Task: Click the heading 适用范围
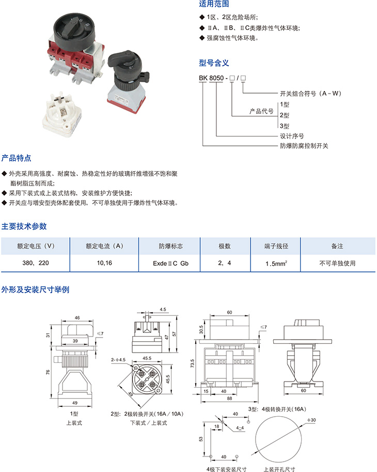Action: tap(214, 4)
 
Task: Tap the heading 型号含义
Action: tap(214, 63)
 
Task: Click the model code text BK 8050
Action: tap(211, 78)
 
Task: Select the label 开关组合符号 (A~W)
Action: tap(310, 94)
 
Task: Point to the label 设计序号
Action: tap(292, 136)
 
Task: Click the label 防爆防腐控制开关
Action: tap(304, 146)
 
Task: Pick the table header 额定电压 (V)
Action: tap(36, 246)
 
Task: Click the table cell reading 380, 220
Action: tap(36, 263)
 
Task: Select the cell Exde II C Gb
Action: tap(170, 263)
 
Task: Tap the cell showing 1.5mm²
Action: tap(276, 263)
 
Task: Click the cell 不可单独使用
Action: tap(337, 263)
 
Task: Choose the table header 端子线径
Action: tap(276, 246)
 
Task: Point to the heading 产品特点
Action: tap(16, 158)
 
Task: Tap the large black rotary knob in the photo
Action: tap(74, 30)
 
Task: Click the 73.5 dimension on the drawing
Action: tap(193, 363)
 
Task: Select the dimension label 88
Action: tap(230, 398)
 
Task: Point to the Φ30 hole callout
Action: tap(311, 420)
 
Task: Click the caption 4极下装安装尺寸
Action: tap(226, 469)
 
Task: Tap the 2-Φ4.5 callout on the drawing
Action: tap(118, 360)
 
